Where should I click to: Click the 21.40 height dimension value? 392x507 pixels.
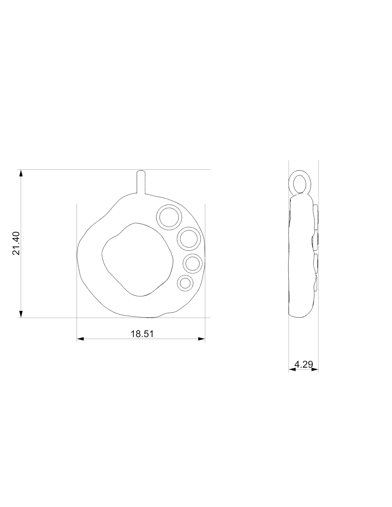[x=16, y=243]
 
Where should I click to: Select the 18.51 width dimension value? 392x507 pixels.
[x=142, y=334]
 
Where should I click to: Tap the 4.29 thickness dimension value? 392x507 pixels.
[x=304, y=364]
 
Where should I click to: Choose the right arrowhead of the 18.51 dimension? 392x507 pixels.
[x=201, y=339]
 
